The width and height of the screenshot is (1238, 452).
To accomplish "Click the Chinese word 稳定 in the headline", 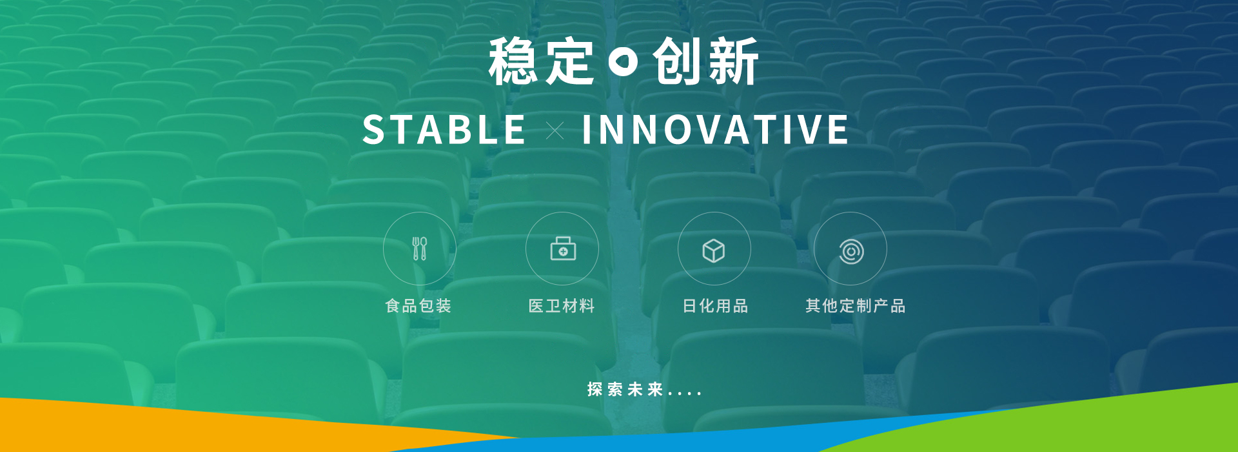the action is coord(541,61).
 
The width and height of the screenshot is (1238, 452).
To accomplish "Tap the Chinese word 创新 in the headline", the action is coord(705,61).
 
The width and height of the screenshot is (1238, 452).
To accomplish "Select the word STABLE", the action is coord(444,130).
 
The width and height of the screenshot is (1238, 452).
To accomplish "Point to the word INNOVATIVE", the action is coord(715,130).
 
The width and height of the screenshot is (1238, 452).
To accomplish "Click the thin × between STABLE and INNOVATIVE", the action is coord(555,131).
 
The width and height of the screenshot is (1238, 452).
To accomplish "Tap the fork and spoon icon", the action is coord(420,249).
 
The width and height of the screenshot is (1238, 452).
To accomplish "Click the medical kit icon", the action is coord(563,249).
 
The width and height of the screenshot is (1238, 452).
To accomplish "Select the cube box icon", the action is coord(714,251).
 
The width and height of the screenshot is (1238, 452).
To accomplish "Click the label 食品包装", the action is coord(418,306).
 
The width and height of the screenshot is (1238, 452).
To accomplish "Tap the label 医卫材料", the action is coord(562,306).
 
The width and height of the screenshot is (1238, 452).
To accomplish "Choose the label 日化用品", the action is coord(715,306).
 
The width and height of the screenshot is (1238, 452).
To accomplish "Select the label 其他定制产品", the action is coord(856,306).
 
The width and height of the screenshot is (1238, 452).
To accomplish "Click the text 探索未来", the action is coord(625,389).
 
